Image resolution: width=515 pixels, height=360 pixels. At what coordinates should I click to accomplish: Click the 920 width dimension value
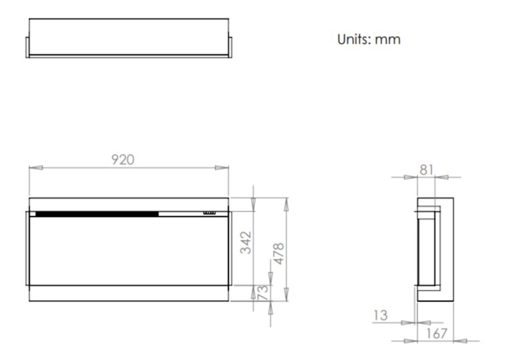123,160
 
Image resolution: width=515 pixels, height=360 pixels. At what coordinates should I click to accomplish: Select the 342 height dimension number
246,243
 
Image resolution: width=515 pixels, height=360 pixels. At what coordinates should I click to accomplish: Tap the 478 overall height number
278,254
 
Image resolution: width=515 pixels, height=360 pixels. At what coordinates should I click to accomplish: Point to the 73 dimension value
263,292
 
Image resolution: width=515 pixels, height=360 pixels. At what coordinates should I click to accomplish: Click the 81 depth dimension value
426,170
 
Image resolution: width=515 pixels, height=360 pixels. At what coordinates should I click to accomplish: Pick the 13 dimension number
380,316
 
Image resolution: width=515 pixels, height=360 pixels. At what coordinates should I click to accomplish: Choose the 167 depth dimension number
436,334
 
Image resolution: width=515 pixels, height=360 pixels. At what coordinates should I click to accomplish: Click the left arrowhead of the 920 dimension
36,168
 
